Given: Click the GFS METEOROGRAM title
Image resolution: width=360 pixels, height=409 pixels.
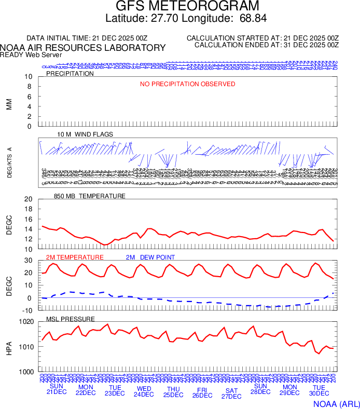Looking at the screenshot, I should point(187,7).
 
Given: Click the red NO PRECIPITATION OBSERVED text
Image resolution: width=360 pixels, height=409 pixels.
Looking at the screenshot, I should point(187,84).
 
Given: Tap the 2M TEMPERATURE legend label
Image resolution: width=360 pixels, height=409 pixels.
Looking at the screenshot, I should point(75,257).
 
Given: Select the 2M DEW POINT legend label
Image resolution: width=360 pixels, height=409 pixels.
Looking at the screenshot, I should point(150,257).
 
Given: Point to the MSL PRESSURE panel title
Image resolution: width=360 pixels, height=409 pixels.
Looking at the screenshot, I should point(71,319).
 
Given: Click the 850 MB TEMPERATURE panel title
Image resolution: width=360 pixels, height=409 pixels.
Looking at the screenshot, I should point(90,196).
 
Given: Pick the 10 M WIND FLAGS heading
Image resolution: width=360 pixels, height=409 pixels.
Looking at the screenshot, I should point(85,134).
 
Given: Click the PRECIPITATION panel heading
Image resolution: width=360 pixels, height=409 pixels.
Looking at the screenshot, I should point(70,74).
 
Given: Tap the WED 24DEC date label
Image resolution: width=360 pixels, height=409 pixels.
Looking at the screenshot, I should point(144,391).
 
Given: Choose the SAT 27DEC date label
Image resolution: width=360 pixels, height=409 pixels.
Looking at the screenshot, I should point(231,393).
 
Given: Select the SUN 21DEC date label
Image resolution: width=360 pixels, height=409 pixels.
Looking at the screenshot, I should point(56,389).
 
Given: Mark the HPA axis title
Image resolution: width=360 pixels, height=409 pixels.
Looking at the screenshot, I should point(9,347).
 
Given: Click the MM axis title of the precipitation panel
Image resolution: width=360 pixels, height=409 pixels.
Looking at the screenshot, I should point(9,104).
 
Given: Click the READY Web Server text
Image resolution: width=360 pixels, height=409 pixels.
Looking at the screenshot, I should point(31,55).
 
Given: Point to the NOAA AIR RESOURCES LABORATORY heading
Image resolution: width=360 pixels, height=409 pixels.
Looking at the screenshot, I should point(83,48).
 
